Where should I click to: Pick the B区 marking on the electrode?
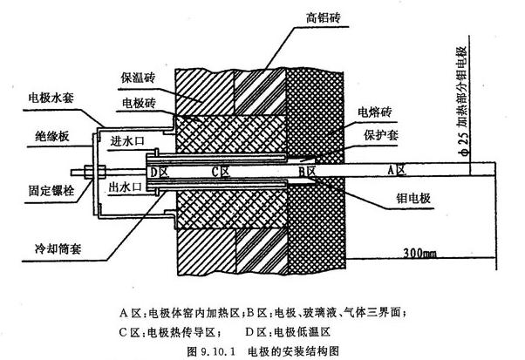(307, 172)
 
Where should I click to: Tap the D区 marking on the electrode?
(160, 172)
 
